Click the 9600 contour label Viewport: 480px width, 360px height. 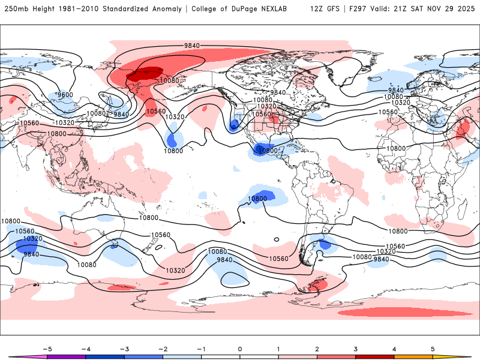point(65,95)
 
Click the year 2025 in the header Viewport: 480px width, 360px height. point(466,9)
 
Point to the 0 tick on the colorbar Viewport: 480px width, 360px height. point(240,348)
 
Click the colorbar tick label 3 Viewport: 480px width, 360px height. point(356,348)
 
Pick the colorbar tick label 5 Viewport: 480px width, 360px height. point(433,348)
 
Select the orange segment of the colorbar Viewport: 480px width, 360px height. point(413,356)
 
